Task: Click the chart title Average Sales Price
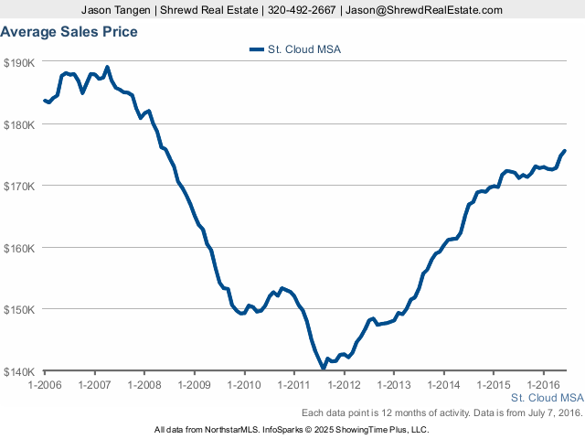coord(69,32)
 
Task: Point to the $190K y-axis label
coord(19,63)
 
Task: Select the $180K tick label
coord(19,124)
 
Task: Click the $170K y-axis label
coord(19,187)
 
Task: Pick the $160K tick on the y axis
coord(19,248)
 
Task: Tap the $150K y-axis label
coord(19,310)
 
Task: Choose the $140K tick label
coord(19,371)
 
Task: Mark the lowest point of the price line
coord(323,368)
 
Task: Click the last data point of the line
coord(564,150)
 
